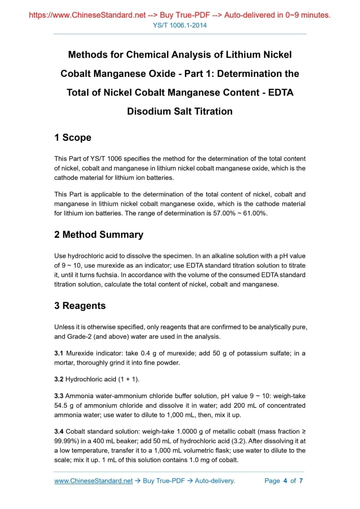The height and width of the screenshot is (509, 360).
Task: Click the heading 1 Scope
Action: pyautogui.click(x=73, y=138)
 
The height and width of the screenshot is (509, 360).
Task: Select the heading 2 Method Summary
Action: pyautogui.click(x=99, y=235)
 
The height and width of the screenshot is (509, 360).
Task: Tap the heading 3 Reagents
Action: pyautogui.click(x=80, y=306)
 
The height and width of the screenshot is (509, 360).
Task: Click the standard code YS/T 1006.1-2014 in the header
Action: pyautogui.click(x=180, y=25)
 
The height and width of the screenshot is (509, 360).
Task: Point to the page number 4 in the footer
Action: pyautogui.click(x=285, y=481)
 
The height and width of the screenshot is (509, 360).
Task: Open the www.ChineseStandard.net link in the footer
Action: pyautogui.click(x=94, y=481)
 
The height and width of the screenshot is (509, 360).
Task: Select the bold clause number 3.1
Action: pyautogui.click(x=59, y=354)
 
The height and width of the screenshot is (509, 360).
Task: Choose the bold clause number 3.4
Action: pyautogui.click(x=59, y=432)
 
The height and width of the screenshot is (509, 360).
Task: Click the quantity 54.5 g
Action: pyautogui.click(x=65, y=406)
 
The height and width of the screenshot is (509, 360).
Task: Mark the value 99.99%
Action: pyautogui.click(x=65, y=441)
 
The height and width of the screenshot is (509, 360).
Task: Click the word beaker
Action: pyautogui.click(x=130, y=441)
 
